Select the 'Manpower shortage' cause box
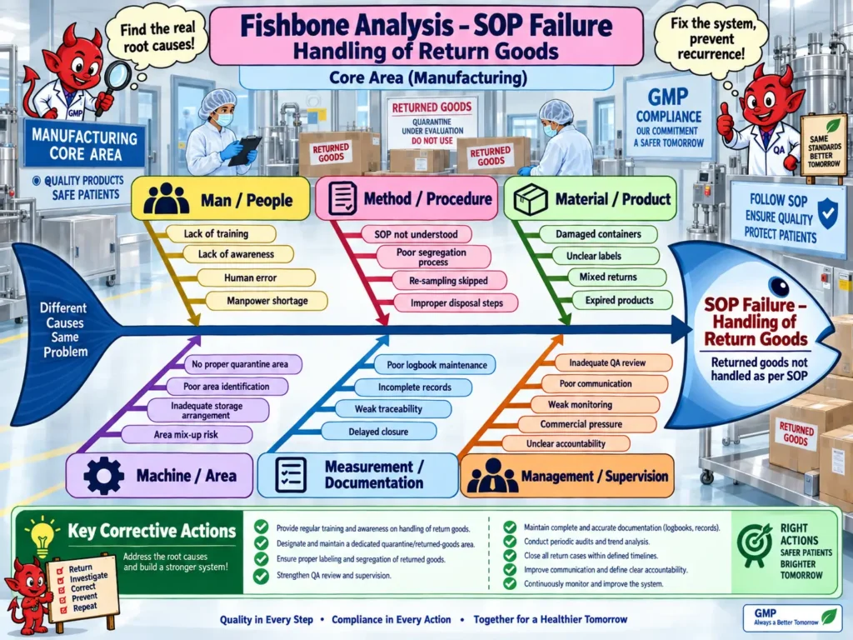tap(267, 301)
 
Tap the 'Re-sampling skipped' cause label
tap(449, 281)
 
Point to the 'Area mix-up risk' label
tap(186, 435)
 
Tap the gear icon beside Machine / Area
tap(103, 476)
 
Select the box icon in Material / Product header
tap(530, 199)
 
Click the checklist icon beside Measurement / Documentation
tap(291, 475)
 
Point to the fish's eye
tap(779, 286)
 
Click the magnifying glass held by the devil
tap(115, 82)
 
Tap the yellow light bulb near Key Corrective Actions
tap(42, 536)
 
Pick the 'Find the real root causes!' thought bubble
tap(157, 37)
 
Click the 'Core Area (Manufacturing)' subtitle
tap(427, 77)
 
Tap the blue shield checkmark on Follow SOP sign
tap(827, 212)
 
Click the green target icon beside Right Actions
tap(754, 545)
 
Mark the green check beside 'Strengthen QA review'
tap(261, 576)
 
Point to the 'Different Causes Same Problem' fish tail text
tap(64, 330)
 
